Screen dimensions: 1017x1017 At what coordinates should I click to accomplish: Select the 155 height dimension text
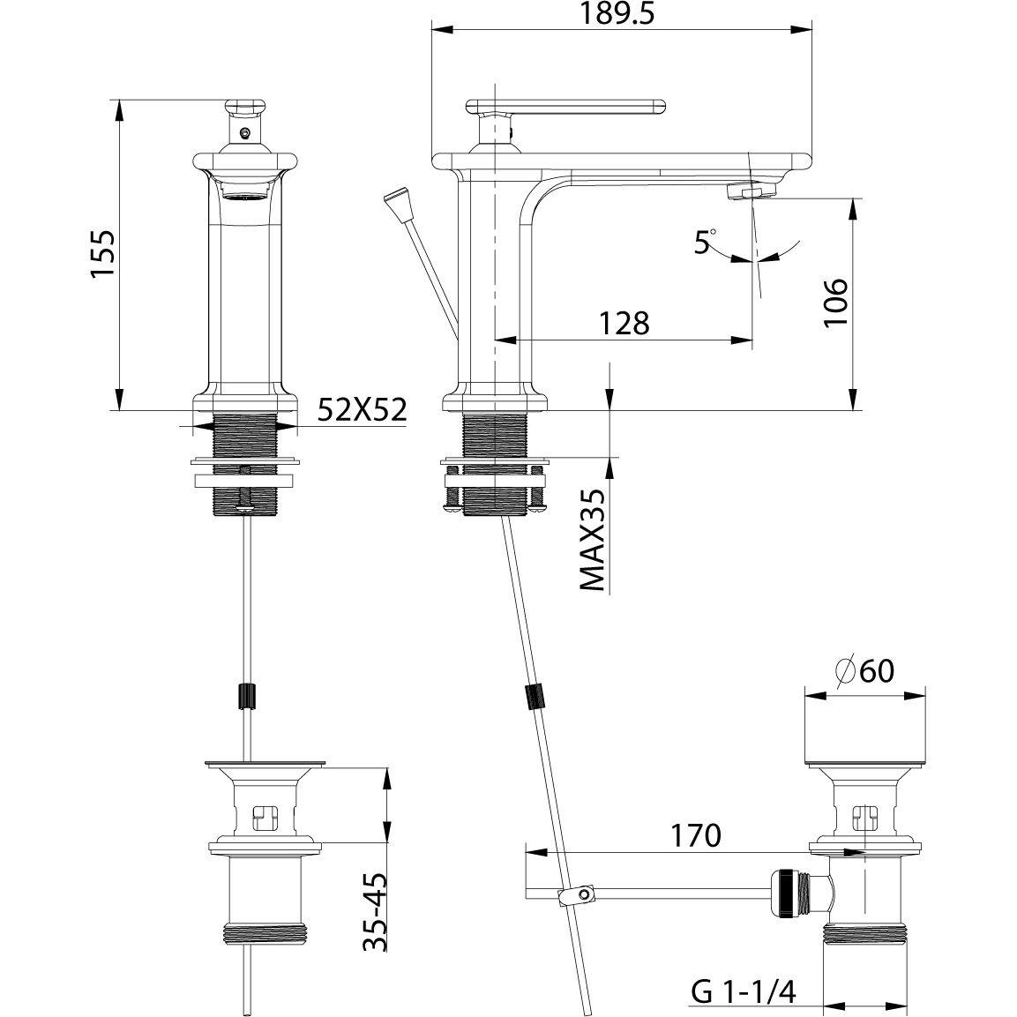click(103, 255)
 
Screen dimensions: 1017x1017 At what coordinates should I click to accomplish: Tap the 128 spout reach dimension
click(624, 323)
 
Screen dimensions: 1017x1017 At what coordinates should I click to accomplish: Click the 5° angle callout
click(704, 241)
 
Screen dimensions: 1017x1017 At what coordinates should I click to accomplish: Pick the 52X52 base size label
click(363, 411)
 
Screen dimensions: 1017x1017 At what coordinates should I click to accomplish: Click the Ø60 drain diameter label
click(864, 672)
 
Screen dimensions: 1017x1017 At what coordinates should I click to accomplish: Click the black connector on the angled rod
click(535, 697)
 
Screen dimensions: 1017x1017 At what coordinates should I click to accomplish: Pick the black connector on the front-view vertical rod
click(248, 696)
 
